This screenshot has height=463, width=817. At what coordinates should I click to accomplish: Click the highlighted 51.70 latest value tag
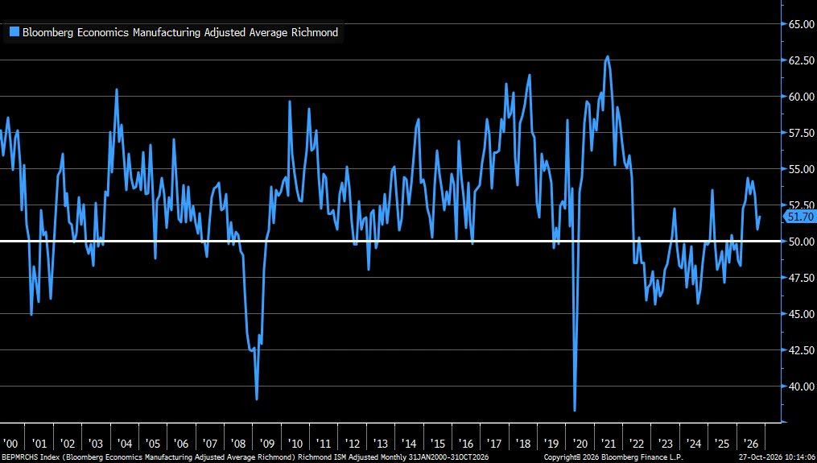[801, 217]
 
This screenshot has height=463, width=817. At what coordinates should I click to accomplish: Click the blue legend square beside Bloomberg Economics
[14, 31]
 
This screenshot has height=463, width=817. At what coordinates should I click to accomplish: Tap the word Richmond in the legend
[315, 32]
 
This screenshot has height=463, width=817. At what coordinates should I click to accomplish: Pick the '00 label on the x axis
[10, 444]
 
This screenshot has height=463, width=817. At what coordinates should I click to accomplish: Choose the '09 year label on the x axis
[266, 444]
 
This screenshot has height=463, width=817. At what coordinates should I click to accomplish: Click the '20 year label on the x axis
[580, 444]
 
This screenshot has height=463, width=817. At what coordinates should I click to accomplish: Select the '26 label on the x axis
[751, 444]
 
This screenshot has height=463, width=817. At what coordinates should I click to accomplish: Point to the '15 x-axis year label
[438, 444]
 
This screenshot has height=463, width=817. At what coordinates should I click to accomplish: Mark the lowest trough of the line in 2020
[575, 411]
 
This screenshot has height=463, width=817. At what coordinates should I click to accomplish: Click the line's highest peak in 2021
[607, 57]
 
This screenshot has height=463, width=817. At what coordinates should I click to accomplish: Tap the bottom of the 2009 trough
[257, 399]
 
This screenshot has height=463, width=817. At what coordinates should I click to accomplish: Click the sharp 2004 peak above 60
[117, 89]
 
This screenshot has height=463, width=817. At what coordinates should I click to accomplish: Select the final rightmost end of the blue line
[760, 217]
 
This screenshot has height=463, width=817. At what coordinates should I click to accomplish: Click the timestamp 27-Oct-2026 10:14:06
[777, 457]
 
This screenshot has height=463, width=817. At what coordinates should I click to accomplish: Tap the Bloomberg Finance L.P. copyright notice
[613, 457]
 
